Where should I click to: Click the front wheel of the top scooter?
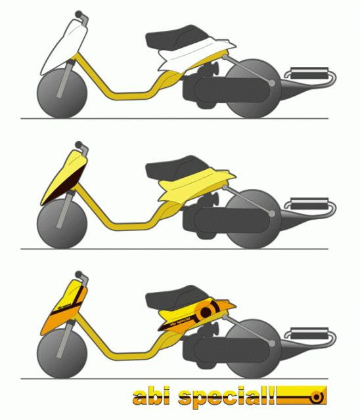click(x=62, y=93)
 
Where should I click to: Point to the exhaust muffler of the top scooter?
click(x=309, y=73)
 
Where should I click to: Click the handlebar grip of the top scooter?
click(x=79, y=14)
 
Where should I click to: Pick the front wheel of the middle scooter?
click(x=62, y=224)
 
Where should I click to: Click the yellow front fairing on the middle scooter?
click(x=64, y=177)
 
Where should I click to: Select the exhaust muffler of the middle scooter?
click(x=309, y=203)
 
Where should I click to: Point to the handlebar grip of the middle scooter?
click(x=79, y=144)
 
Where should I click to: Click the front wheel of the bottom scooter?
click(x=62, y=354)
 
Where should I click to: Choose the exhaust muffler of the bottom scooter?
click(x=309, y=333)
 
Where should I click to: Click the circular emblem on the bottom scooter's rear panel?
click(x=206, y=311)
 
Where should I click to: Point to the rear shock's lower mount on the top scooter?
click(x=271, y=83)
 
